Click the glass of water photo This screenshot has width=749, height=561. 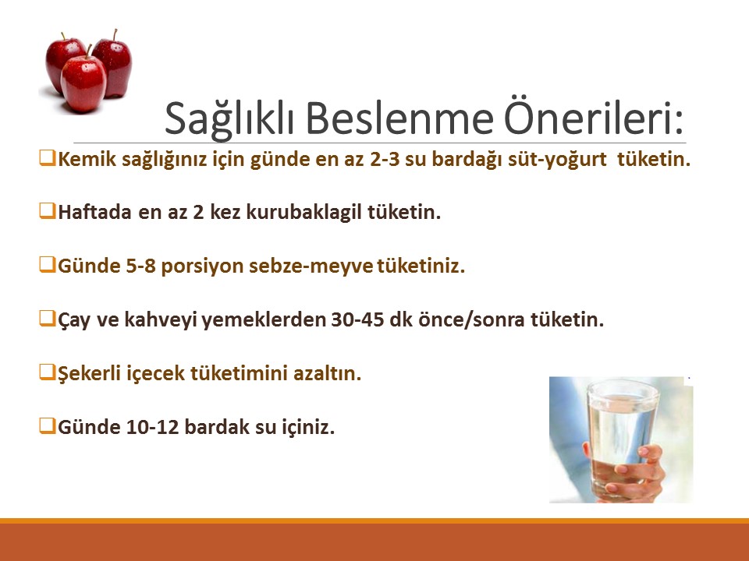[621, 439]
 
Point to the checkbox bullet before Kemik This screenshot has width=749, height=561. [47, 160]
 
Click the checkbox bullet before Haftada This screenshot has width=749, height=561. [47, 212]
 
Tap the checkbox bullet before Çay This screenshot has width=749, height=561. [47, 319]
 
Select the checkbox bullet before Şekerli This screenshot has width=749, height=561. [47, 372]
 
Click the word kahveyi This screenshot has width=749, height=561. [162, 320]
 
